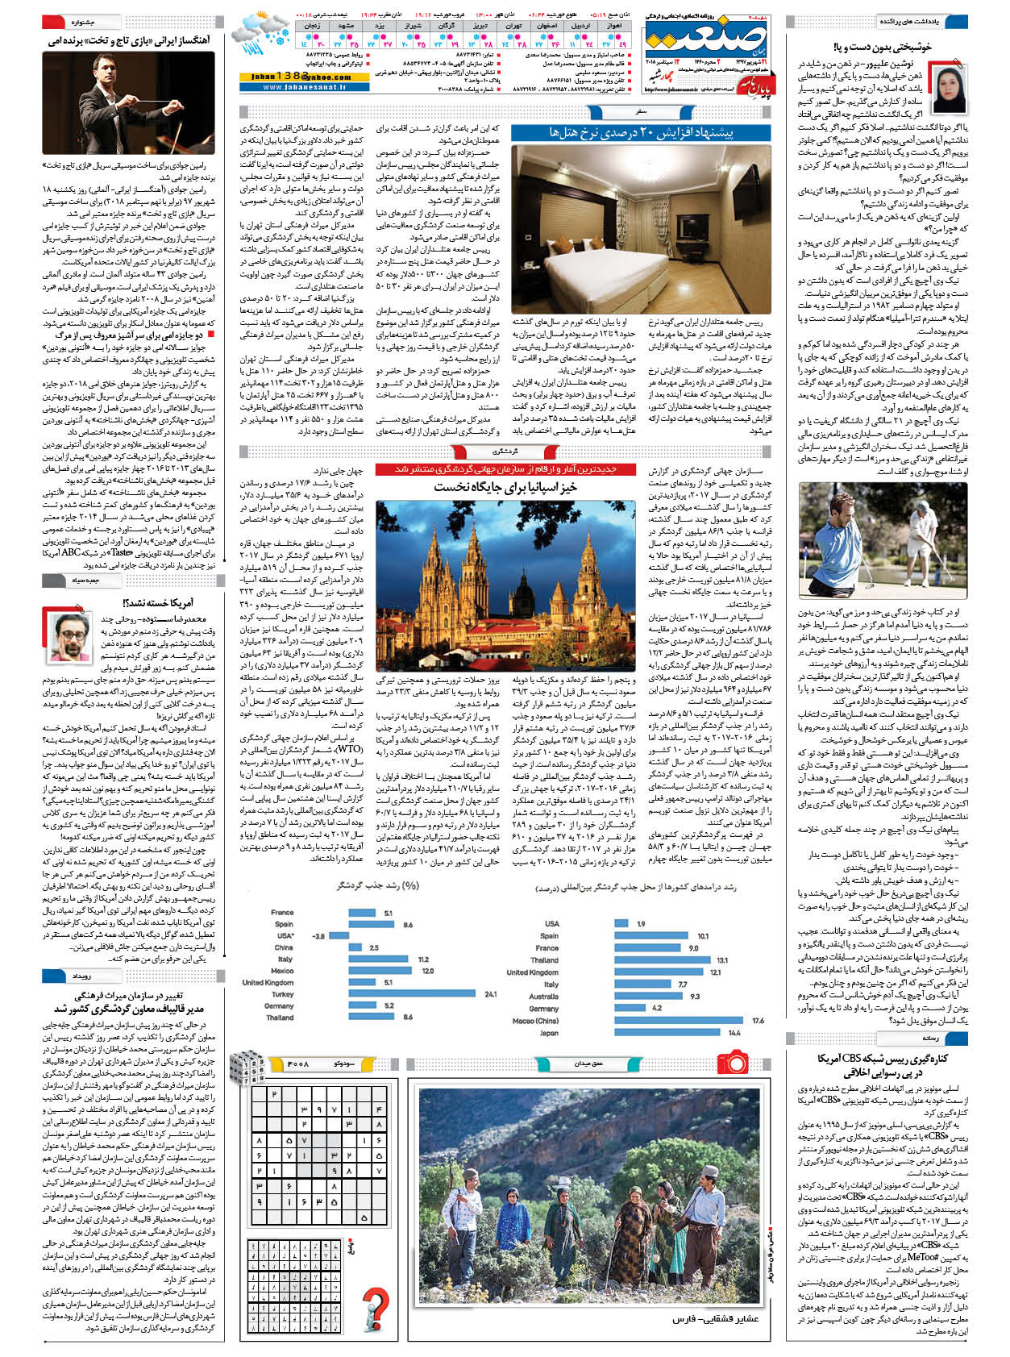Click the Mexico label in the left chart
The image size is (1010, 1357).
click(281, 971)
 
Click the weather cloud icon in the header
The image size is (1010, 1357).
click(260, 30)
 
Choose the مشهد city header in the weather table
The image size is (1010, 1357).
click(347, 26)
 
